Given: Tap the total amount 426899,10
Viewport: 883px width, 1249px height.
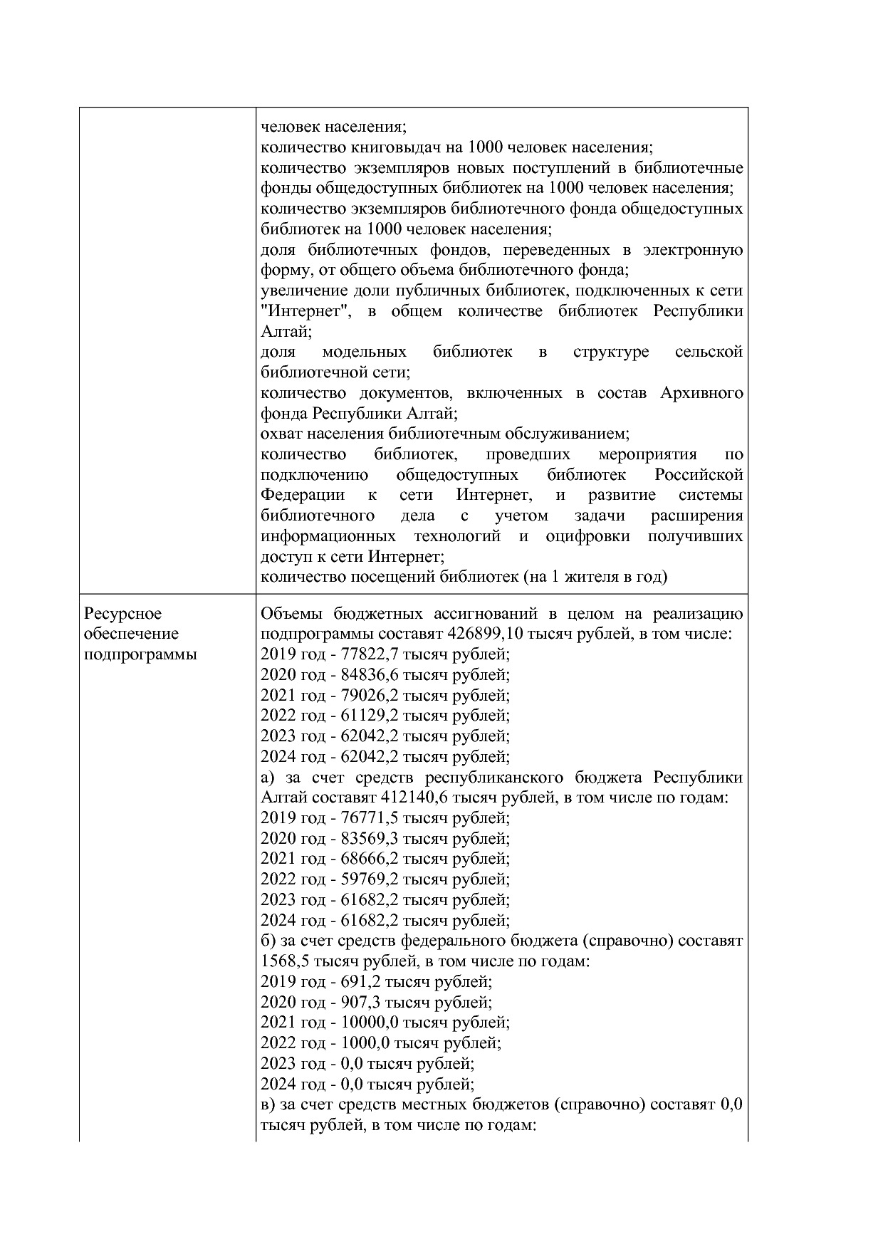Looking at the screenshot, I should coord(482,634).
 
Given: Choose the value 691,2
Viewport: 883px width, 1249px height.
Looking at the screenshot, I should coord(355,981).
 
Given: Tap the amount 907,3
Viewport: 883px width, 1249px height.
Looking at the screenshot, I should coord(355,1002).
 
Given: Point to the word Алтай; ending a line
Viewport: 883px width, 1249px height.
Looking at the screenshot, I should coord(286,332).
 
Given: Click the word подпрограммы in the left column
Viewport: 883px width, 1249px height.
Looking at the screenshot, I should coord(140,654).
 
